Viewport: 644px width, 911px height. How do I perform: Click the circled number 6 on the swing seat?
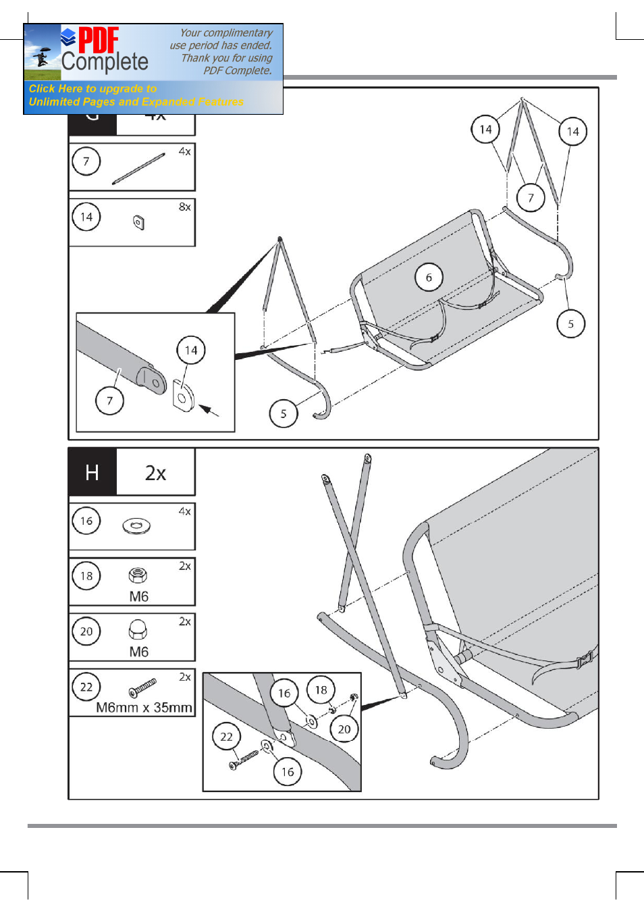(x=429, y=277)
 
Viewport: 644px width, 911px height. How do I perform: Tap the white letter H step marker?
(x=92, y=472)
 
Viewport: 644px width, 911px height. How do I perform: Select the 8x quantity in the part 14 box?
(x=184, y=207)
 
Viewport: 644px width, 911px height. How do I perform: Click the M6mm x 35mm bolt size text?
(x=144, y=707)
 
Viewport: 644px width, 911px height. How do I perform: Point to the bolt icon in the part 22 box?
(x=142, y=687)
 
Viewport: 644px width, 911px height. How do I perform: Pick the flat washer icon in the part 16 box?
(x=136, y=525)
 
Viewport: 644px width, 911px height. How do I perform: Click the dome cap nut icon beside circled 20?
(x=138, y=629)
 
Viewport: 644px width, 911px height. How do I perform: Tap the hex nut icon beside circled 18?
(x=138, y=575)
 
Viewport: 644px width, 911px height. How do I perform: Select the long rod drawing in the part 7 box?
(x=138, y=168)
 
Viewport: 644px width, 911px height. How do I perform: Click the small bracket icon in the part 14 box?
(x=139, y=222)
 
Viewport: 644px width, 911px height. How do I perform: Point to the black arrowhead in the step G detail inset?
(x=206, y=409)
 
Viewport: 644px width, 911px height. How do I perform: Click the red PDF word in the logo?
(x=99, y=40)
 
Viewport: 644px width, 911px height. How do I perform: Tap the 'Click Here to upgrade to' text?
(x=92, y=88)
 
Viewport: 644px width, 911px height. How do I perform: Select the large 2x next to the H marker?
(x=155, y=473)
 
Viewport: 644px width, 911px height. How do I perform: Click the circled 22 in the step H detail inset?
(x=226, y=736)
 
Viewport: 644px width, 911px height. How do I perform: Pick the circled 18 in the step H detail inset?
(x=321, y=689)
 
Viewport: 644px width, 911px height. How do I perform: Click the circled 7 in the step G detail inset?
(x=109, y=400)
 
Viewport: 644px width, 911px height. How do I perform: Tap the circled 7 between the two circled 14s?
(x=531, y=197)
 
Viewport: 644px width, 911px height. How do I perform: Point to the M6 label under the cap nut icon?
(x=139, y=652)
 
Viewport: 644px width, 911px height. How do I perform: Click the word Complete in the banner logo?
(x=105, y=62)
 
